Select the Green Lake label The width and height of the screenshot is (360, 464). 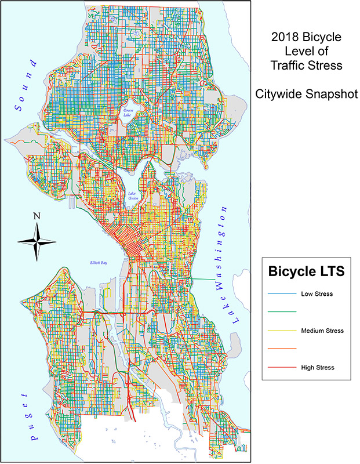[128, 112]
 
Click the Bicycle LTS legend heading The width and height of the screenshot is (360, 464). [307, 271]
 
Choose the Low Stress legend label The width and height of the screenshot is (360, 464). [317, 294]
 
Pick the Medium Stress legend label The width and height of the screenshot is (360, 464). [322, 331]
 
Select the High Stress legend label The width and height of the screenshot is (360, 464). [318, 367]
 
